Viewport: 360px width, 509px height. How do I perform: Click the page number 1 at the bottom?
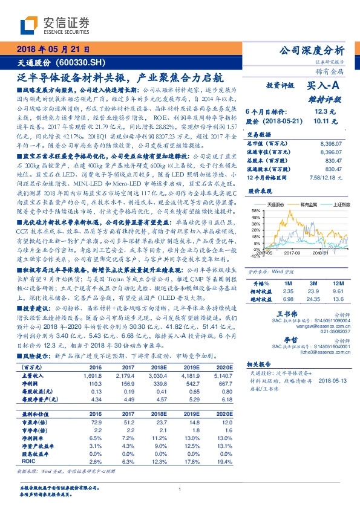point(180,490)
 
